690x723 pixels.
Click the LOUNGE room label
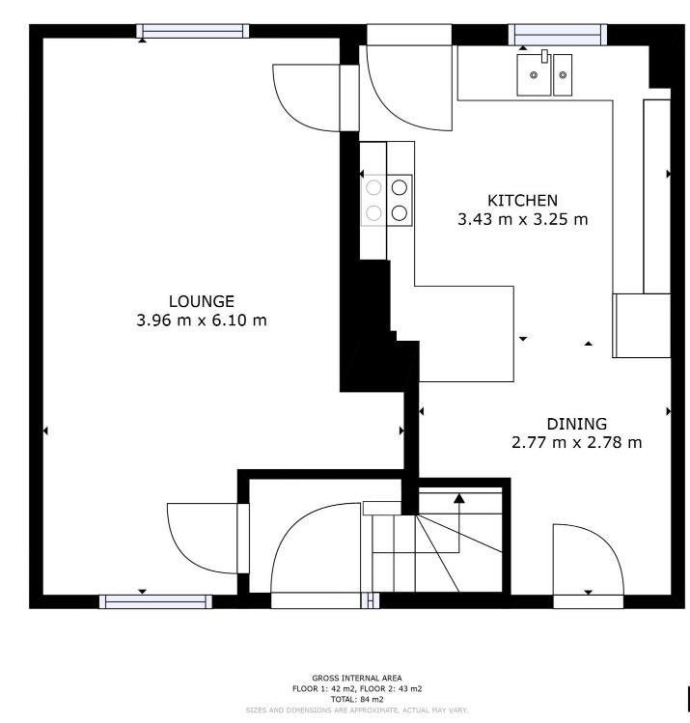(x=202, y=300)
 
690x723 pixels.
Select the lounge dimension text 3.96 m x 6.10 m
(x=202, y=320)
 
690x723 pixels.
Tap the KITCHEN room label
(x=522, y=200)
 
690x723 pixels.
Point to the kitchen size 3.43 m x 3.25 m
(x=522, y=220)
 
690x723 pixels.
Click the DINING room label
(x=576, y=424)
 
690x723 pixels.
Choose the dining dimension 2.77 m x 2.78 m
(x=576, y=444)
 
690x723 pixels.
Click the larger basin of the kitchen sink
(x=532, y=73)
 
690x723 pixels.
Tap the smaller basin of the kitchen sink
(x=563, y=72)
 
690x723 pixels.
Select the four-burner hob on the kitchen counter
(x=387, y=200)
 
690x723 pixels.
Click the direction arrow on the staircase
(x=459, y=499)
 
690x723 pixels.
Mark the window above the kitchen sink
(x=558, y=35)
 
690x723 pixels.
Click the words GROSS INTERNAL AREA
(x=357, y=678)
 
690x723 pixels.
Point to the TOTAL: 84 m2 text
(x=357, y=699)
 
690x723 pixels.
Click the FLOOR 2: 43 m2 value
(x=390, y=688)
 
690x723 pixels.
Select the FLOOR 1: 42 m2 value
(x=324, y=688)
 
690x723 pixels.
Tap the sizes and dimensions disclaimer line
(x=357, y=709)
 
